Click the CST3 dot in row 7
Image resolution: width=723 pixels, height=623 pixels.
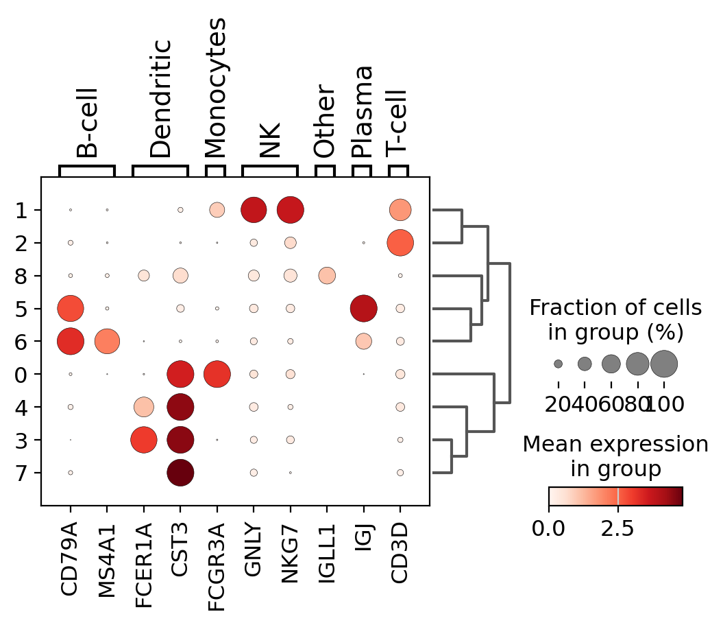(180, 473)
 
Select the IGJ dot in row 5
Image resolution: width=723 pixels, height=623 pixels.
(363, 308)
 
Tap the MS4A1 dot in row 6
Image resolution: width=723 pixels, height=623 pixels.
(107, 341)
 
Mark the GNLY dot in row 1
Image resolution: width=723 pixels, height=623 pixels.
(254, 209)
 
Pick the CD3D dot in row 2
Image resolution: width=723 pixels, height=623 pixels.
(400, 242)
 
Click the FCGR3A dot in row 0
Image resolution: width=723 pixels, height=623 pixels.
(217, 374)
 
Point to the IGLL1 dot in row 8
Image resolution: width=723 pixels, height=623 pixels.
(327, 276)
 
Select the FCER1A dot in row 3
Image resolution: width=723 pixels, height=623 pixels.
(144, 440)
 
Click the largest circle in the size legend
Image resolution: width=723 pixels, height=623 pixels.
(664, 364)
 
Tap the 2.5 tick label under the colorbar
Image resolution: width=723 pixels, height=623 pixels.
(617, 531)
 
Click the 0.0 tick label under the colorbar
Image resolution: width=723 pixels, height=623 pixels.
(550, 531)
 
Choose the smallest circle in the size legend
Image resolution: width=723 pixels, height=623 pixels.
(559, 364)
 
